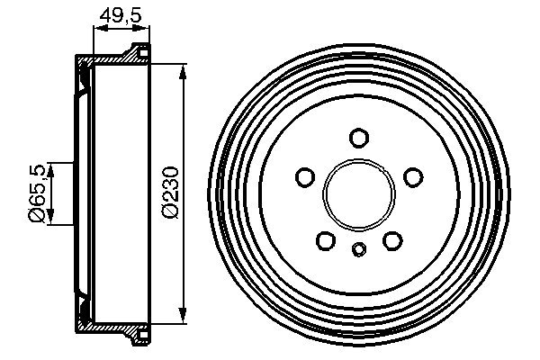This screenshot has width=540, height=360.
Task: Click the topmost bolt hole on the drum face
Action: click(x=359, y=138)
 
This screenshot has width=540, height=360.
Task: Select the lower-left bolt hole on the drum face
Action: click(x=326, y=240)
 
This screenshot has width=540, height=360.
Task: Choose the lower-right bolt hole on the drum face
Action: click(x=391, y=240)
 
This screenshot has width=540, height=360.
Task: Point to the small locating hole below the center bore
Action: click(x=359, y=249)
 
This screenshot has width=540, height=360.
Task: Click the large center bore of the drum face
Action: click(x=359, y=194)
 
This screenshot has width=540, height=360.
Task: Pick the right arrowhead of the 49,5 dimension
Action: click(x=143, y=29)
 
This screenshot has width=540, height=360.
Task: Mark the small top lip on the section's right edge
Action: click(x=140, y=49)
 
